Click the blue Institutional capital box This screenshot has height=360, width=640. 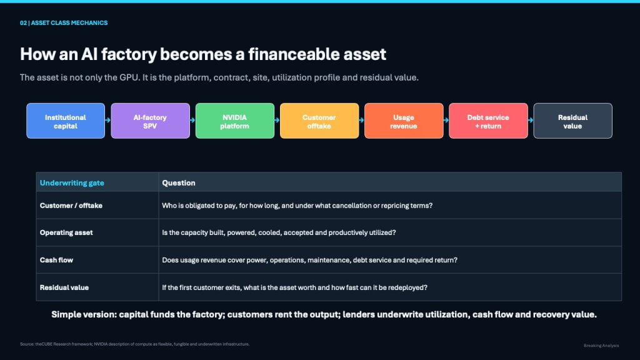66,121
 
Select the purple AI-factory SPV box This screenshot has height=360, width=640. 150,121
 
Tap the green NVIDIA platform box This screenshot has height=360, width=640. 235,121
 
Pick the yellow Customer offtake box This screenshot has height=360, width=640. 319,121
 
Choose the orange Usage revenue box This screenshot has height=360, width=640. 404,121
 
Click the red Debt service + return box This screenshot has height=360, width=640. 488,121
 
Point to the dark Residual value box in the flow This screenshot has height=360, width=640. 572,121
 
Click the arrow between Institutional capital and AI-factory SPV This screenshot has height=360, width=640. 107,120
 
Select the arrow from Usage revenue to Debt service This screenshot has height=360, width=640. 446,120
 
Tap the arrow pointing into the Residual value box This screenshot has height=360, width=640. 530,120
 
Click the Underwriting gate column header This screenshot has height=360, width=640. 72,183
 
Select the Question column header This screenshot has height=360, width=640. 178,183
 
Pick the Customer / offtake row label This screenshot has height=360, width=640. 71,206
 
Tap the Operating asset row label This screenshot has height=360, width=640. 66,232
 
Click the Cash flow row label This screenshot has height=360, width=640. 56,260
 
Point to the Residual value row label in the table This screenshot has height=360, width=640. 64,287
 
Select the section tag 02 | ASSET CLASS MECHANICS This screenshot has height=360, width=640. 64,23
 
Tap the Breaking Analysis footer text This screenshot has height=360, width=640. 601,346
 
